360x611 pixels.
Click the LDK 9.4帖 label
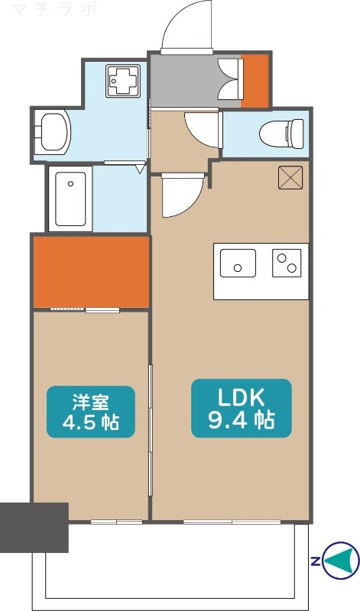click(x=241, y=408)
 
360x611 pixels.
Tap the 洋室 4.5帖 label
click(x=91, y=412)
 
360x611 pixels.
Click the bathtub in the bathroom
click(x=70, y=199)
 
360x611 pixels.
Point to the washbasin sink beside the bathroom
click(x=53, y=133)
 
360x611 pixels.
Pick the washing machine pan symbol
click(x=122, y=81)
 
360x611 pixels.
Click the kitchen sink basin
click(x=238, y=263)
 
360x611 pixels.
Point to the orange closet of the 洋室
click(x=90, y=271)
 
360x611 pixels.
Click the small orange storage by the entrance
click(x=255, y=80)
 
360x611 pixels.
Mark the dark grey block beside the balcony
click(x=34, y=527)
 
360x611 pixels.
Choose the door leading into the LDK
click(x=182, y=195)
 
